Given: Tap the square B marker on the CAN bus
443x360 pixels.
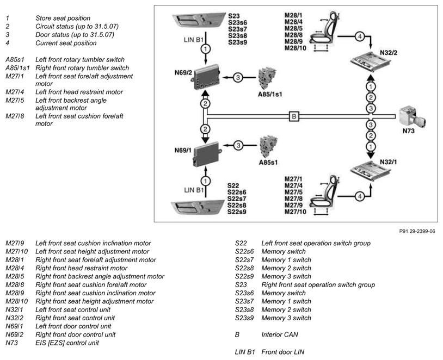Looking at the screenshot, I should click(x=293, y=116).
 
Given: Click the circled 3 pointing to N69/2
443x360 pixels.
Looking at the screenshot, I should click(x=238, y=77).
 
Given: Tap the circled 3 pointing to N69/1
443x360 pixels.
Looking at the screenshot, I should click(x=238, y=145).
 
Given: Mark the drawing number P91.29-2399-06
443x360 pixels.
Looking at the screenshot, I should click(x=417, y=231).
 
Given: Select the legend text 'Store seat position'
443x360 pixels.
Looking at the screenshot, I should click(x=63, y=18).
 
